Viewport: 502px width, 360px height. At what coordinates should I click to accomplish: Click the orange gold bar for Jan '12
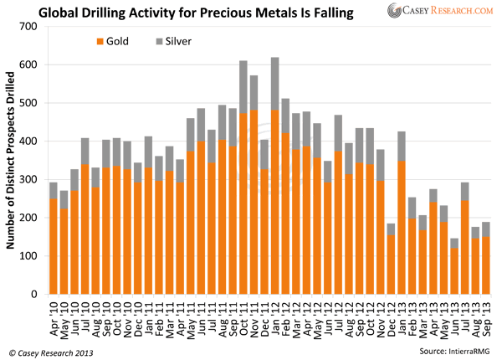pos(275,201)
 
